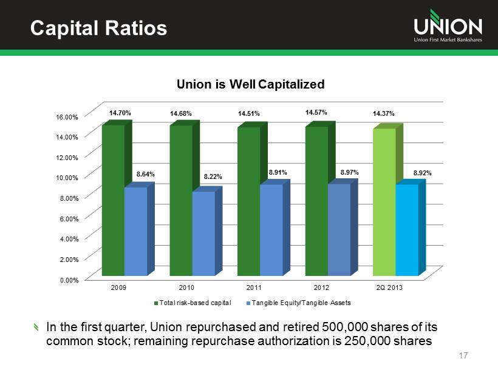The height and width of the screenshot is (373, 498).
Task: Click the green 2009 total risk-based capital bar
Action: pos(113,200)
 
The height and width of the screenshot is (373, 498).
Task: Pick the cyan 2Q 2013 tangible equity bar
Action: pos(407,230)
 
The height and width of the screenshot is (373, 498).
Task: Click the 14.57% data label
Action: pos(316,112)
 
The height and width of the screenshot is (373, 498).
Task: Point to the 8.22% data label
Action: pos(213,176)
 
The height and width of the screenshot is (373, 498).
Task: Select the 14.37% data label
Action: pos(384,114)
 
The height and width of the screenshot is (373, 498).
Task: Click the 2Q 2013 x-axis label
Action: pos(389,287)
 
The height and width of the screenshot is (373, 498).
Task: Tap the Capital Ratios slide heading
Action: pos(90,27)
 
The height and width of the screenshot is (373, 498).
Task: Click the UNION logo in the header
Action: pos(448,27)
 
